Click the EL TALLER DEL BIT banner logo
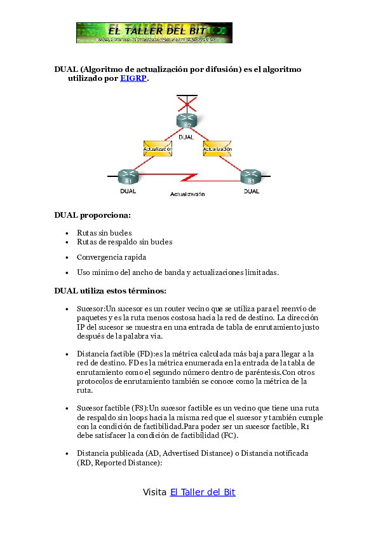click(154, 32)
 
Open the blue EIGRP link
click(133, 79)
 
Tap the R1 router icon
click(128, 176)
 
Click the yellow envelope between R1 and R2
click(158, 148)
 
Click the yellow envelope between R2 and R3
click(217, 148)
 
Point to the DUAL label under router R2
click(186, 137)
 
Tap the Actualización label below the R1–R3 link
click(187, 194)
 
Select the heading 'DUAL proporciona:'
click(93, 215)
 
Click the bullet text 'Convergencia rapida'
click(111, 257)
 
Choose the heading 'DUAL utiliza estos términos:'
click(111, 291)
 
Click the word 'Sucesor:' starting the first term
click(91, 308)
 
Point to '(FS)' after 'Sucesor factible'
click(140, 407)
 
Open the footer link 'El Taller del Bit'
click(203, 492)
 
